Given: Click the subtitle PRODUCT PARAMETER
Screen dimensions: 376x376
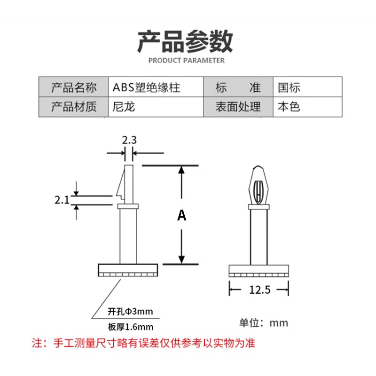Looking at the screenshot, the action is [x=187, y=60].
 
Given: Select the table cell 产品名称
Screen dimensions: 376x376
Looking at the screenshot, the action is [x=74, y=87].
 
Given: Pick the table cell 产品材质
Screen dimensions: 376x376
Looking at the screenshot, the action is [x=74, y=107].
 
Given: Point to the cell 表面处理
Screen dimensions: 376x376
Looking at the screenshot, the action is [x=238, y=107].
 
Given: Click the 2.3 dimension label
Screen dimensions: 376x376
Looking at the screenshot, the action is [x=129, y=140].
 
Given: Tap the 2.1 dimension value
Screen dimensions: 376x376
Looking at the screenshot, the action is [x=62, y=200].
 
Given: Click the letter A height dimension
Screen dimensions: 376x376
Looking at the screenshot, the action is [x=182, y=215].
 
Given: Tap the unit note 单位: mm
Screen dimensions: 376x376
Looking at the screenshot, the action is [x=264, y=323].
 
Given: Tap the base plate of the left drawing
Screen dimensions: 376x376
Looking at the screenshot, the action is [x=127, y=270].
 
